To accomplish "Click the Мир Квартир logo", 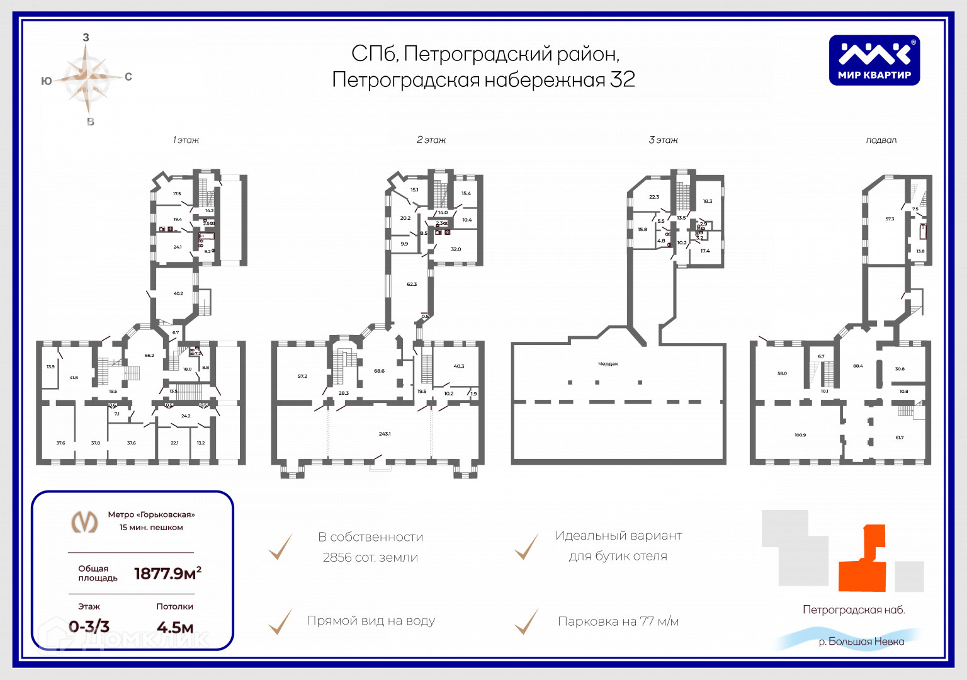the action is [x=874, y=60].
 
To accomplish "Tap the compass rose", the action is [x=87, y=79].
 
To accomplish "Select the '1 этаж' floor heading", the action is [x=186, y=140].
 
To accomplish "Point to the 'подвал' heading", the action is [x=881, y=140].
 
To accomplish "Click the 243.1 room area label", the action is [x=385, y=434].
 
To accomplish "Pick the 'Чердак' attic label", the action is [x=608, y=364].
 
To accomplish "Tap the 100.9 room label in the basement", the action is [x=800, y=435].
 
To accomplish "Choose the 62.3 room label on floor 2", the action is [x=412, y=285].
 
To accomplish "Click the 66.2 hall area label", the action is [x=149, y=356].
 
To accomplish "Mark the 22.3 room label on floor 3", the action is [x=654, y=197].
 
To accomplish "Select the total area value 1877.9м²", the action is [x=167, y=573].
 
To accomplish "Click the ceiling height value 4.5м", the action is [x=175, y=627].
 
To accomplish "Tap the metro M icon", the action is [x=84, y=521].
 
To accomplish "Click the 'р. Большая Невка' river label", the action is [x=861, y=642].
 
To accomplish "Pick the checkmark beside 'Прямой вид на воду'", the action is [x=280, y=621].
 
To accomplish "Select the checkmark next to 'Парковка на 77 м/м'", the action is [x=526, y=621].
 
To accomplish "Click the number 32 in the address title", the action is [x=622, y=80].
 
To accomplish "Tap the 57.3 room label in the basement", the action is [x=890, y=219].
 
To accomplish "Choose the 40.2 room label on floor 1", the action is [x=178, y=293].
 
